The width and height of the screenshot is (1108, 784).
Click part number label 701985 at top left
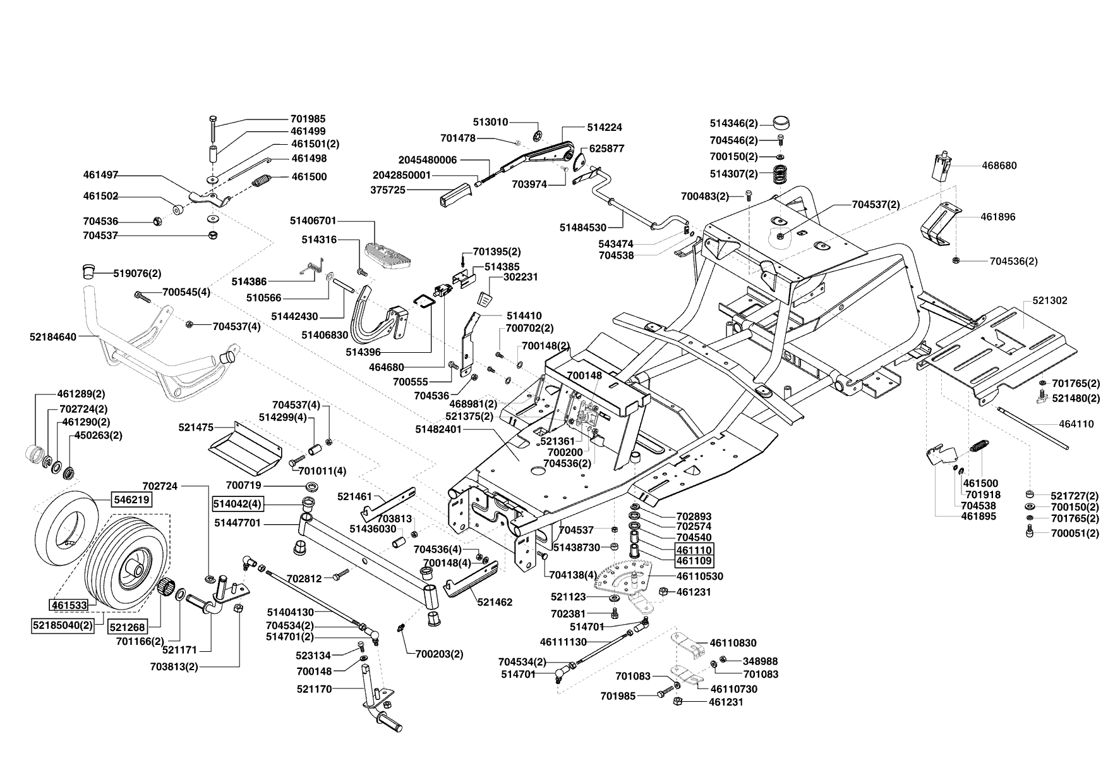pos(308,119)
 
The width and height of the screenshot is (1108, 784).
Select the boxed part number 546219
pos(131,499)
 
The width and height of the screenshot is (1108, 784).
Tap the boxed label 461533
pos(69,605)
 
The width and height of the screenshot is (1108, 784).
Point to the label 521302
pos(1050,301)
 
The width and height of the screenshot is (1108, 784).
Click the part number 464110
pos(1076,424)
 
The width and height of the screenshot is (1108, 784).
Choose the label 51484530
pos(583,228)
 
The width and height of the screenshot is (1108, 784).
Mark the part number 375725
pos(388,190)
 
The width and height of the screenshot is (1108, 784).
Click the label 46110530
pos(699,577)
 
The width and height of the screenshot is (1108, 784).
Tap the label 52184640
pos(53,338)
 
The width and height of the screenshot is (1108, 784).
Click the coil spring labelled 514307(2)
pos(782,174)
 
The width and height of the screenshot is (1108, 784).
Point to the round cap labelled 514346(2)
pos(782,123)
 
